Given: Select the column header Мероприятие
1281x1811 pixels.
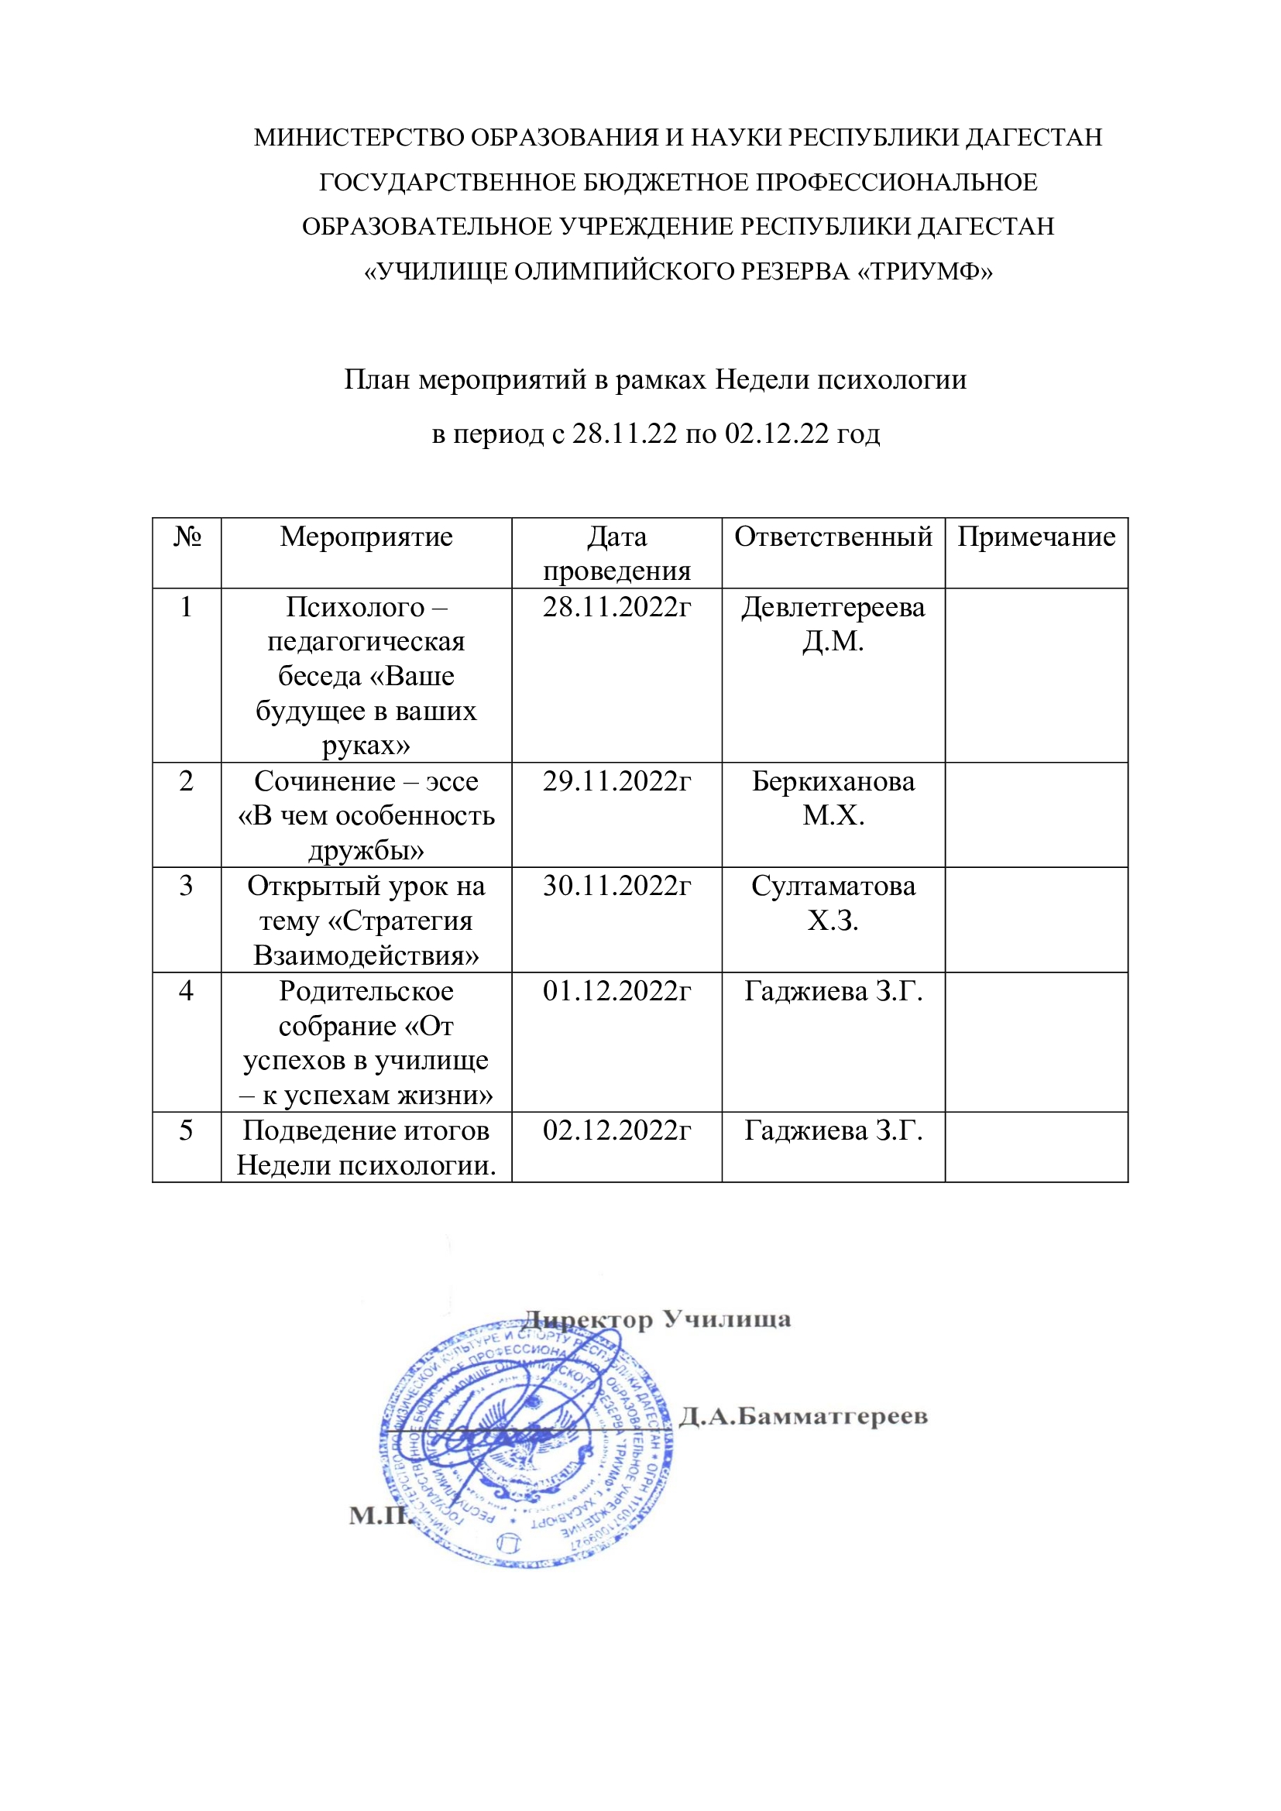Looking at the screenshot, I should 366,537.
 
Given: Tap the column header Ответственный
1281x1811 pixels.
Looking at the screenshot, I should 833,537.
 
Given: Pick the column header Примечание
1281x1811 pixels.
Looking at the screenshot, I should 1035,537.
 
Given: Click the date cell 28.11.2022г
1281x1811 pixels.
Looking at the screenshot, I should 616,607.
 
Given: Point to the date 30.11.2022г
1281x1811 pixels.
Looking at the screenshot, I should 616,886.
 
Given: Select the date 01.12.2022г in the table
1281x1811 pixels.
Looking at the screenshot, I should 616,991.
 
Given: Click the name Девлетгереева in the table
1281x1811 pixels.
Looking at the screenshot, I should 833,607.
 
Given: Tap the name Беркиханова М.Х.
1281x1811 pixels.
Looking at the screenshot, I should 833,798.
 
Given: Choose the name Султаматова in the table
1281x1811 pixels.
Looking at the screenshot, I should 833,886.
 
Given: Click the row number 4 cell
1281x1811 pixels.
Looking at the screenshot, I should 186,991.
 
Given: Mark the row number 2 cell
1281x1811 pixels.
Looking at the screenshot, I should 186,781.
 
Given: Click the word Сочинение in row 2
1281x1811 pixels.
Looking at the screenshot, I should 325,781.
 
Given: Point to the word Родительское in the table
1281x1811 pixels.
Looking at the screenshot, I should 366,991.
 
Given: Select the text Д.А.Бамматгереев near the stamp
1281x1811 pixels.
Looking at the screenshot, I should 803,1416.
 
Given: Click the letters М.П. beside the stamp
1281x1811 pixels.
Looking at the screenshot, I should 380,1514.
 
